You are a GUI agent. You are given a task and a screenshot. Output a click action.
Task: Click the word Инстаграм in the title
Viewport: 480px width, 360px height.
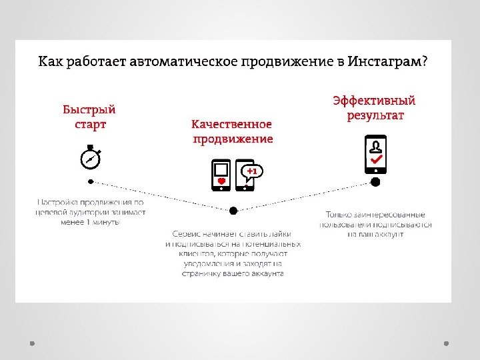387,62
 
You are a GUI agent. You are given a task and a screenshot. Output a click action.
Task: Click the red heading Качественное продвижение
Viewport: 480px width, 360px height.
233,131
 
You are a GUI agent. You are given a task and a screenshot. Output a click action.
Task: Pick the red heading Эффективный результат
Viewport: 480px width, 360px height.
375,108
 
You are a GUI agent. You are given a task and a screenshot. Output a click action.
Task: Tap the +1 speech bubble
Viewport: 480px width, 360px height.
252,171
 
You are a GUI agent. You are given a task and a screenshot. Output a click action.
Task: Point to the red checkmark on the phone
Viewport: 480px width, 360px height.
376,161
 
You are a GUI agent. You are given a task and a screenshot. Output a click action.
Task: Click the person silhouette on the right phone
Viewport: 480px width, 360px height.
376,146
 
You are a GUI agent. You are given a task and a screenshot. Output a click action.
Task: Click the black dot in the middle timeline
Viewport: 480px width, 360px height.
233,210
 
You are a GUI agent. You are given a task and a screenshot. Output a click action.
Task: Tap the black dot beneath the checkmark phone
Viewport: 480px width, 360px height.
375,181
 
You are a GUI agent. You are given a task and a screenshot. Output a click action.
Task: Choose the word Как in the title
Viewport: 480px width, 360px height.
48,62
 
